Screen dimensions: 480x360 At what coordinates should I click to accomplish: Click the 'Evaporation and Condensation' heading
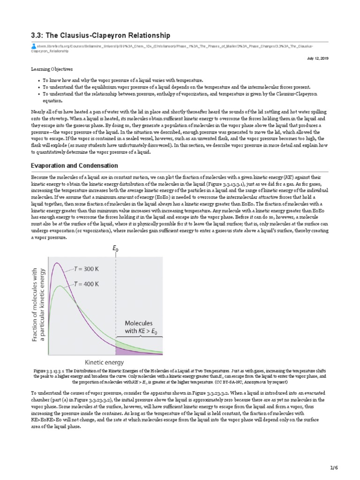click(x=74, y=166)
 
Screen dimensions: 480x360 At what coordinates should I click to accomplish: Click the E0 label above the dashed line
click(x=115, y=250)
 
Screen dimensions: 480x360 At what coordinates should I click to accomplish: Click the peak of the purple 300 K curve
click(x=57, y=263)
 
